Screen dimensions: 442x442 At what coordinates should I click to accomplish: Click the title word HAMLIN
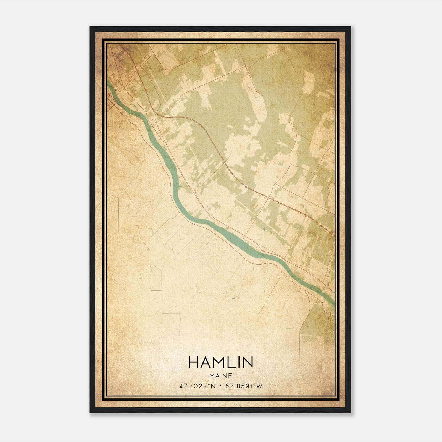pyautogui.click(x=220, y=362)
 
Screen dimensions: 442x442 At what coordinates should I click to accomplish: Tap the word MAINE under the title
pyautogui.click(x=220, y=376)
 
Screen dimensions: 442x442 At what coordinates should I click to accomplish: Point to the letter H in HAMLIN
pyautogui.click(x=193, y=362)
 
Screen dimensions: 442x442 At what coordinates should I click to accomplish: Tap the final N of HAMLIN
pyautogui.click(x=248, y=362)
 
